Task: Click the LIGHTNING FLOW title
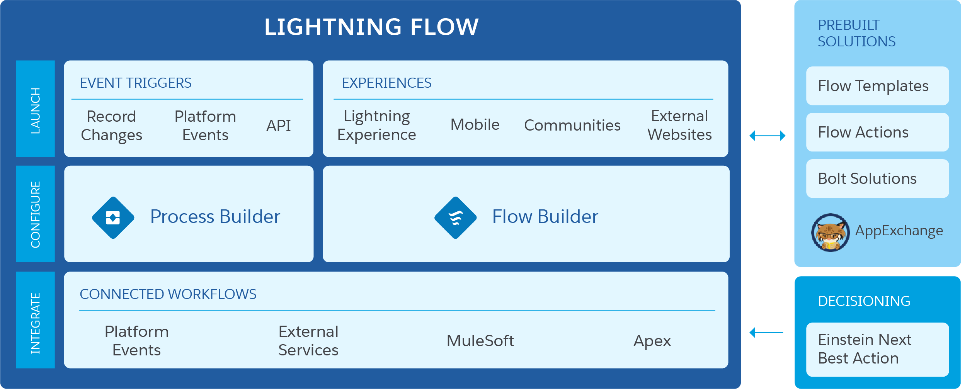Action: pos(371,27)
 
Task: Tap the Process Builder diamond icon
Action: pos(113,217)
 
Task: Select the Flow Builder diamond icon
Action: pos(455,217)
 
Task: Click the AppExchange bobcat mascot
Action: pos(830,233)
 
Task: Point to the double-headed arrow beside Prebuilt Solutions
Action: pos(767,136)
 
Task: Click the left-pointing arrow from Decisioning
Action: pos(766,332)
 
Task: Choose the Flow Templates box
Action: pos(877,86)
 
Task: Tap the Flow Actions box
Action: pos(877,132)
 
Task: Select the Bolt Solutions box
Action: pos(877,178)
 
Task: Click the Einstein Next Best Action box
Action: pos(877,349)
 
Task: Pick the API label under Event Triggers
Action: pos(278,126)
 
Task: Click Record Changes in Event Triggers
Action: pos(111,126)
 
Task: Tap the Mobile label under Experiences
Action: pos(475,125)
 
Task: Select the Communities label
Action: pos(572,125)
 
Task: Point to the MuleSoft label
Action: pos(480,341)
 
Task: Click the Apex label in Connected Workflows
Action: pos(652,341)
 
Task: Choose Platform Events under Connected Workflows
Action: pos(136,341)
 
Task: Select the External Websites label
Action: pos(679,125)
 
